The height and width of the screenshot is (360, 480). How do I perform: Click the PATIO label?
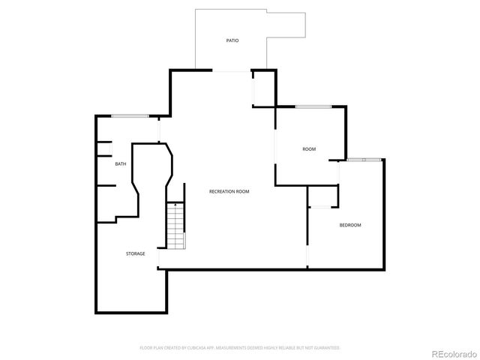point(232,40)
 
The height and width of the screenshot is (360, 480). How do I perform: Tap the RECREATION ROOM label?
point(229,191)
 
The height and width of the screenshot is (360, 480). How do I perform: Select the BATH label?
point(120,163)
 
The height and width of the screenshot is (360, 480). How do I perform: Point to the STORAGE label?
point(135,253)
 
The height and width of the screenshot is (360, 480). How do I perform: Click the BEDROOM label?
point(350,225)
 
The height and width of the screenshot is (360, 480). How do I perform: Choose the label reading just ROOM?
point(309,149)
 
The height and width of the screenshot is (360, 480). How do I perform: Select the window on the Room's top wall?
point(313,106)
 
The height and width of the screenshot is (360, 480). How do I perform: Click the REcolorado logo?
point(451,352)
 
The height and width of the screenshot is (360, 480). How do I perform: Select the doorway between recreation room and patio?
point(231,71)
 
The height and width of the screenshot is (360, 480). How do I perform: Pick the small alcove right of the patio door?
point(264,89)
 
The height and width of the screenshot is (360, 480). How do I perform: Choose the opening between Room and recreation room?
point(275,146)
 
